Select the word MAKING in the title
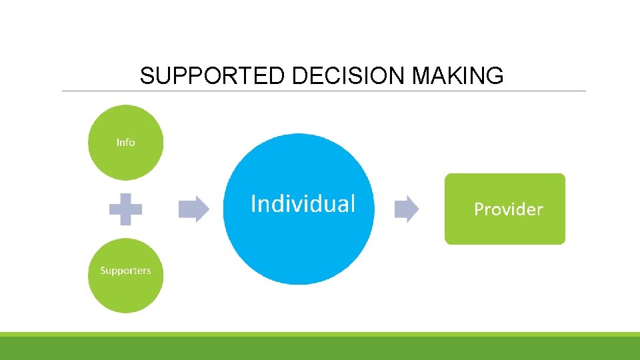coord(458,77)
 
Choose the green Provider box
coord(505,230)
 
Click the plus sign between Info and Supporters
coord(125,209)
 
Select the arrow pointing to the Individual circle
coord(194,209)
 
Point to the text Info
coord(125,142)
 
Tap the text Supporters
coord(125,271)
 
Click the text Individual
coord(303,203)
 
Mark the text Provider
coord(508,209)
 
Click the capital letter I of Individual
coord(253,203)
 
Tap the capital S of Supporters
coord(103,271)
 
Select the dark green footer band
coord(320,348)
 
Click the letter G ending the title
coord(495,77)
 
